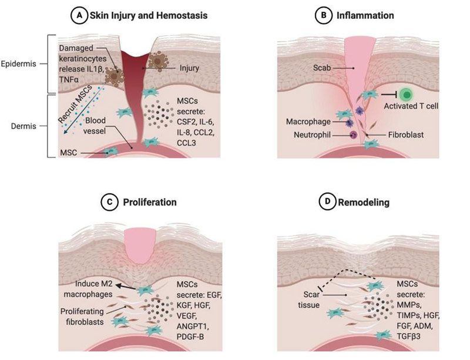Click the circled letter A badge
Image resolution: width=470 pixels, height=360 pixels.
(x=79, y=16)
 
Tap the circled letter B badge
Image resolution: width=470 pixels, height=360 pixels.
(x=323, y=15)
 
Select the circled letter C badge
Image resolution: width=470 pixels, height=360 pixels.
(x=109, y=202)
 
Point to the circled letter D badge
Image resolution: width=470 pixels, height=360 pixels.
(x=327, y=201)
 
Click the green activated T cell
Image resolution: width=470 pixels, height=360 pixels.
(x=407, y=95)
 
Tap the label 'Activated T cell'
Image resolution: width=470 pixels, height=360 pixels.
(x=411, y=106)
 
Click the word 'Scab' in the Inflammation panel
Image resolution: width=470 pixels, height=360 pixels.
(x=322, y=68)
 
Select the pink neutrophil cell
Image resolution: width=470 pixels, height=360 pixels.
(x=354, y=135)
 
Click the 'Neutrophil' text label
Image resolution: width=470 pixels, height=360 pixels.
(x=312, y=135)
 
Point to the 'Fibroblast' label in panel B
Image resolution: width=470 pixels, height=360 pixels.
(x=406, y=135)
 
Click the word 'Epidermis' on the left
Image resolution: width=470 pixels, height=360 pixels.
(x=18, y=64)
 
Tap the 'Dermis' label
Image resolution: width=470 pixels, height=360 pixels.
(x=23, y=126)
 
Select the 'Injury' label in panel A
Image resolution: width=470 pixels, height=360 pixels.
(x=189, y=68)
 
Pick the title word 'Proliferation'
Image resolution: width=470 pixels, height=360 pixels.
(x=150, y=203)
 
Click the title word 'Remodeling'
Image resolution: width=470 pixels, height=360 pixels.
(x=364, y=203)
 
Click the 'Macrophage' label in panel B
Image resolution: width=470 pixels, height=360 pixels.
(x=308, y=122)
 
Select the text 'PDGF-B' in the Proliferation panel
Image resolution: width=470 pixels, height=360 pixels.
(x=190, y=337)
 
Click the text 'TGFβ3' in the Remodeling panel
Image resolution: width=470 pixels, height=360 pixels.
(x=408, y=337)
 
